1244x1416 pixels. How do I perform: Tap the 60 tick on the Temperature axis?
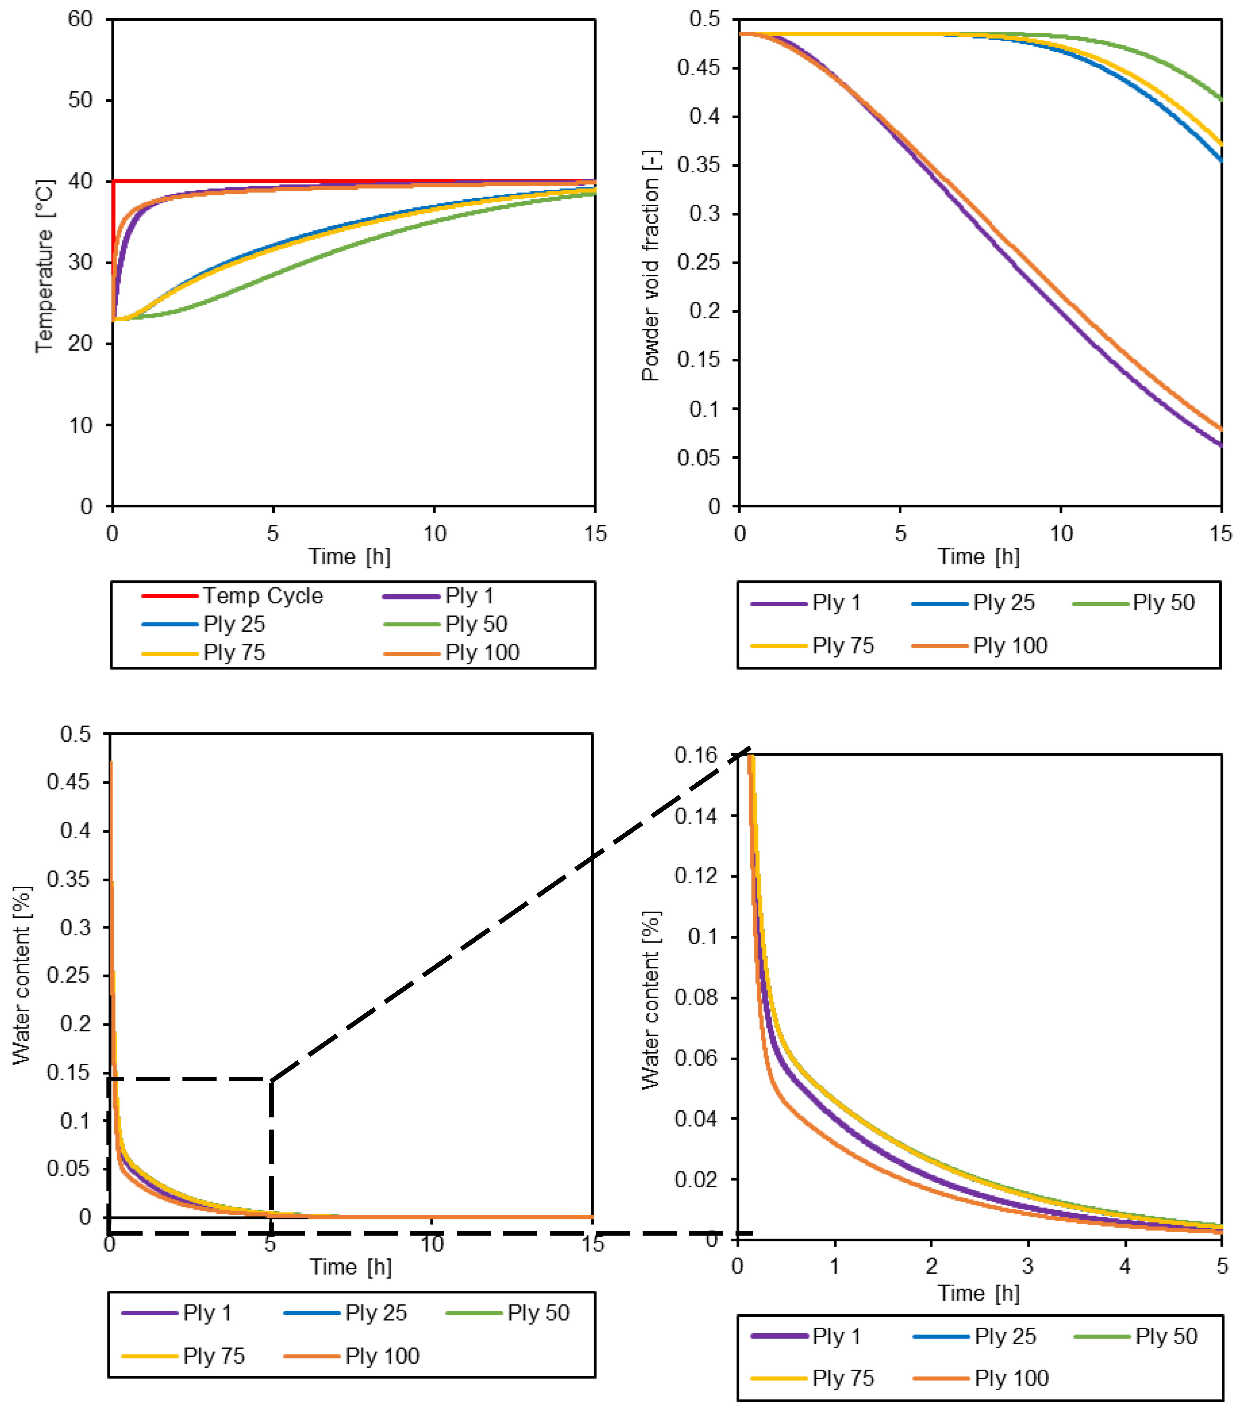[80, 19]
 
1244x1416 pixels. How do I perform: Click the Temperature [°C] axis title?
[44, 267]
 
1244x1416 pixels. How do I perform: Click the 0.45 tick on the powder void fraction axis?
[699, 68]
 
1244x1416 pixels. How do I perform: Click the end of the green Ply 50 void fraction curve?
[1220, 99]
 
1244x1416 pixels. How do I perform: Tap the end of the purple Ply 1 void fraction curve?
[1220, 446]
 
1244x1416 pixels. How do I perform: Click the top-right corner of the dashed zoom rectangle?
[271, 1079]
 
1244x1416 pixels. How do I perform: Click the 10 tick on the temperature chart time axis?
[434, 533]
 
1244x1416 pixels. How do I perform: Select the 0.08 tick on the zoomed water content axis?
[696, 997]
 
